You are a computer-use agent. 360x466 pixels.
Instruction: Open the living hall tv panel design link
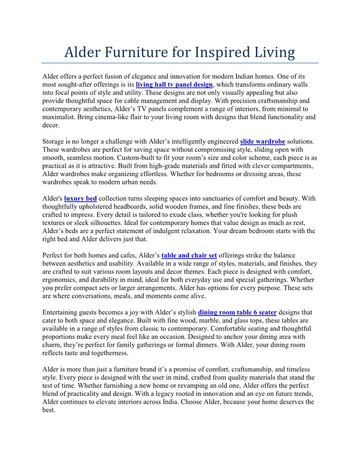coord(174,84)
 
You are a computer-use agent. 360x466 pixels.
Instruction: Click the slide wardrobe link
coord(262,142)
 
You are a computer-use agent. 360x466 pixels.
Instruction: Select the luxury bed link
coord(80,199)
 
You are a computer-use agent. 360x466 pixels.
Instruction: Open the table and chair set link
coord(189,256)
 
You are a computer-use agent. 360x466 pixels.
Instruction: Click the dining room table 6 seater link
coord(237,312)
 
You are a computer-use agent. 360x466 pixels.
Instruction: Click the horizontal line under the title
coord(180,63)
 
